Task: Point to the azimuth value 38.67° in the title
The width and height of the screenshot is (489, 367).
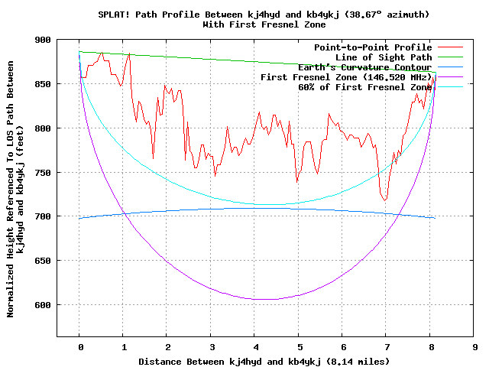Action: click(x=372, y=15)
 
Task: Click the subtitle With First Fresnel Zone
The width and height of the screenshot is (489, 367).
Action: click(x=263, y=24)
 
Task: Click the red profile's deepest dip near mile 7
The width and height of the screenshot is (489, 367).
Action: click(x=385, y=200)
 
